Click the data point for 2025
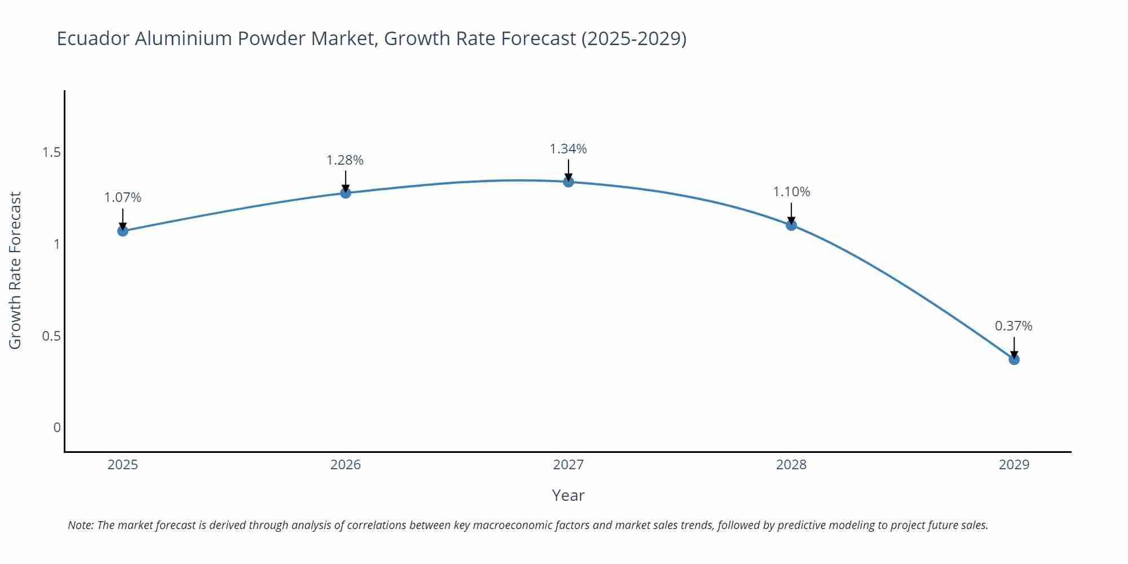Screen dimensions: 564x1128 coord(123,231)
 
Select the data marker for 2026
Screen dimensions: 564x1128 coord(346,193)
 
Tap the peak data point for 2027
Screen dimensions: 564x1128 coord(569,182)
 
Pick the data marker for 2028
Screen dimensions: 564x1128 coord(791,225)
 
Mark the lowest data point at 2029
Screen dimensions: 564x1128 coord(1014,359)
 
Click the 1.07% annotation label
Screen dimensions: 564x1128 coord(123,198)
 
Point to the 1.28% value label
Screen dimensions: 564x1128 coord(345,160)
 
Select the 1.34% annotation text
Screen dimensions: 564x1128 coord(569,149)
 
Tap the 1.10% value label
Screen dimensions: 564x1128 coord(791,192)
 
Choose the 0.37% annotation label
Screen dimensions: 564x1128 coord(1014,326)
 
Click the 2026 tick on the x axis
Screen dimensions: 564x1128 coord(346,465)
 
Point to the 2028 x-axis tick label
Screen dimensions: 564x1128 coord(791,465)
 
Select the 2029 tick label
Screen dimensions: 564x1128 coord(1014,465)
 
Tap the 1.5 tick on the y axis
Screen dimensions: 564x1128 coord(51,152)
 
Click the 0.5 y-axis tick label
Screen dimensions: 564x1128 coord(51,336)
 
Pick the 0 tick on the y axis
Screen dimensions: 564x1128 coord(57,428)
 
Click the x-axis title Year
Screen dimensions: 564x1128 coord(568,495)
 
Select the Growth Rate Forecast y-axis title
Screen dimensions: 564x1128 coord(15,270)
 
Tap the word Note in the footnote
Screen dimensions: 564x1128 coord(81,525)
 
